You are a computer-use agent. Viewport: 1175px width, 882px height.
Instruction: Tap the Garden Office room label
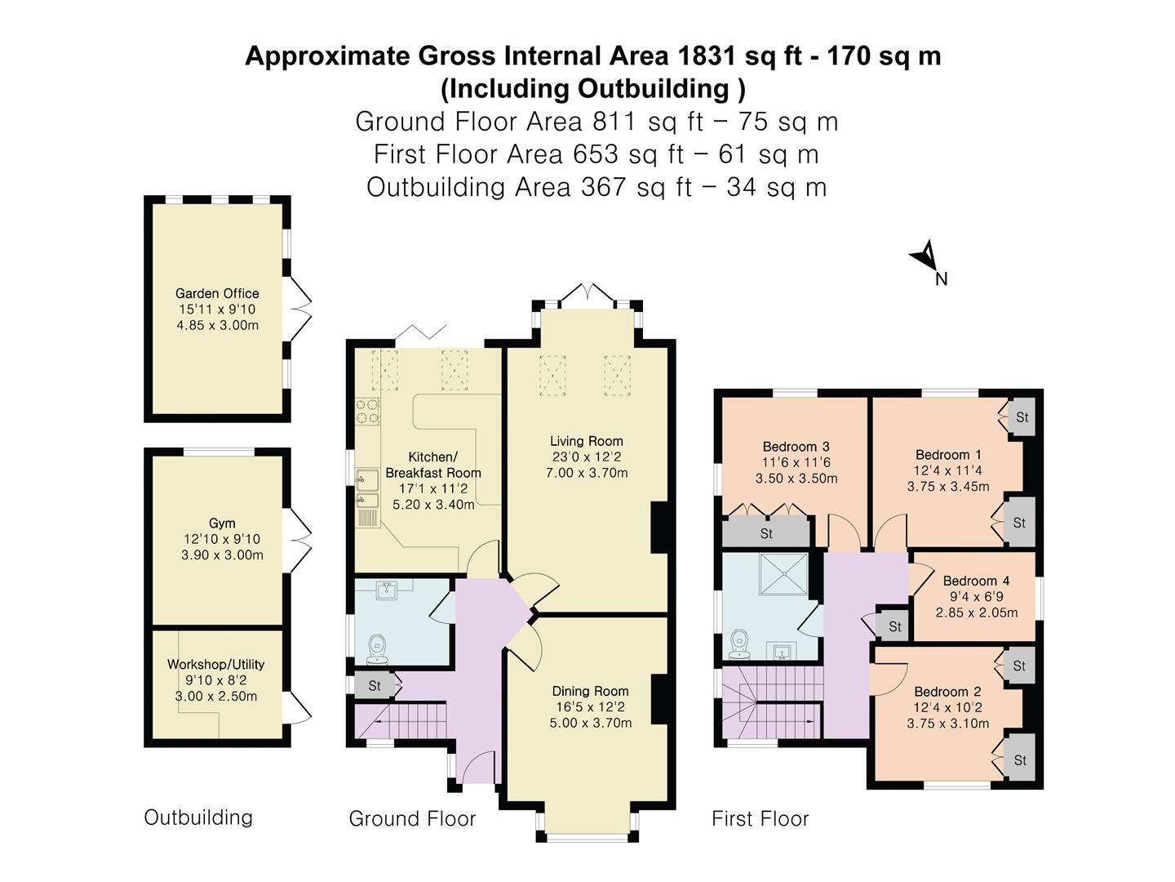[217, 294]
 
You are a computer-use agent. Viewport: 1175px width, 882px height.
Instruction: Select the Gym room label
[222, 523]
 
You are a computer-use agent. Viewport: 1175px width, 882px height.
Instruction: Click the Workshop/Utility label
[215, 665]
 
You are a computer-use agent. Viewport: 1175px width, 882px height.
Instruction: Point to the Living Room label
[586, 441]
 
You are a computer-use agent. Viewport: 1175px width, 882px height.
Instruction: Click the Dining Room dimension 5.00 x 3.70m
[590, 723]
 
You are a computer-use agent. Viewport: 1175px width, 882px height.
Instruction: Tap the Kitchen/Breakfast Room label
[432, 465]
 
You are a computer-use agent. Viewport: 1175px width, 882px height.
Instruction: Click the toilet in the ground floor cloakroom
[377, 648]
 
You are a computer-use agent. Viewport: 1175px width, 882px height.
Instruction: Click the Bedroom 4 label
[976, 581]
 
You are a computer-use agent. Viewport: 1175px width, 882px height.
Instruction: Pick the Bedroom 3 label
[796, 447]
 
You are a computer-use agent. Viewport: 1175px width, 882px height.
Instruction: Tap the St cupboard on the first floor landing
[894, 626]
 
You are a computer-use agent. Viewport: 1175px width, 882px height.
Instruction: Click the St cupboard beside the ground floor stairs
[374, 685]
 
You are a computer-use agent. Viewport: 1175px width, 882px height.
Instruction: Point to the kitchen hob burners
[367, 412]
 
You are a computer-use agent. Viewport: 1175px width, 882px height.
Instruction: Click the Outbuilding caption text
[198, 817]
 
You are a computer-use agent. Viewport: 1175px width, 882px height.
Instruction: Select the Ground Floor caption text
[412, 818]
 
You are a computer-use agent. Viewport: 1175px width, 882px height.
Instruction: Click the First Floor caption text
[760, 818]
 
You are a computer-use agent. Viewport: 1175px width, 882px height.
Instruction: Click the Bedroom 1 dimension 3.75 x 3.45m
[947, 487]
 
